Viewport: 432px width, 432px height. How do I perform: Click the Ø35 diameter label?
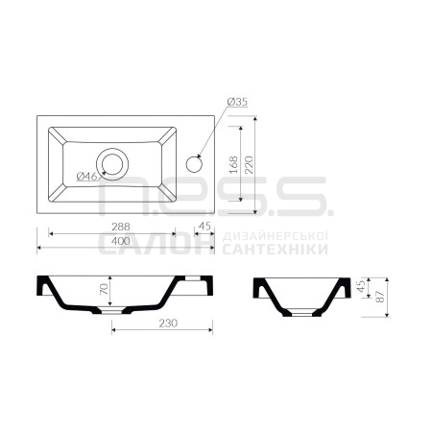tap(237, 102)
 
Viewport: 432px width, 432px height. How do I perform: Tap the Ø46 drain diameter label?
tap(86, 176)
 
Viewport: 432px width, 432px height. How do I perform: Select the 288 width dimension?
tap(121, 227)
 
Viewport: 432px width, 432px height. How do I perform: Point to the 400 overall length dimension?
tap(121, 241)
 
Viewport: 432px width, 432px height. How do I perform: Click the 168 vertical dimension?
tap(234, 164)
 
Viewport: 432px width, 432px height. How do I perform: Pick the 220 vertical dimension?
tap(249, 164)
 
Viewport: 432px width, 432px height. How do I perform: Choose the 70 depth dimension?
tap(104, 289)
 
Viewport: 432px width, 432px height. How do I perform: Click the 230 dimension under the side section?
tap(168, 324)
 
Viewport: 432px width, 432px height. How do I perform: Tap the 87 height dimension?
tap(380, 297)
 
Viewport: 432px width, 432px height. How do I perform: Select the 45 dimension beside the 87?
tap(361, 286)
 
